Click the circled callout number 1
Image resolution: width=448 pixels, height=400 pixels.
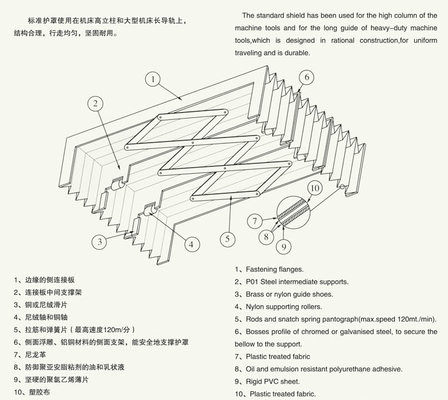coord(153,79)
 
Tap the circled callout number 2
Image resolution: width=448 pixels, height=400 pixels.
coord(94,103)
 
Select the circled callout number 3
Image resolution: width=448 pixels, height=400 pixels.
coord(99,242)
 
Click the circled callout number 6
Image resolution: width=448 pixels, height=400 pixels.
coord(307,78)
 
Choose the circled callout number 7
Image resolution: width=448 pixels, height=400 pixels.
coord(254,222)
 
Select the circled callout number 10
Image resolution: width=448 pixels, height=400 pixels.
coord(314,188)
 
